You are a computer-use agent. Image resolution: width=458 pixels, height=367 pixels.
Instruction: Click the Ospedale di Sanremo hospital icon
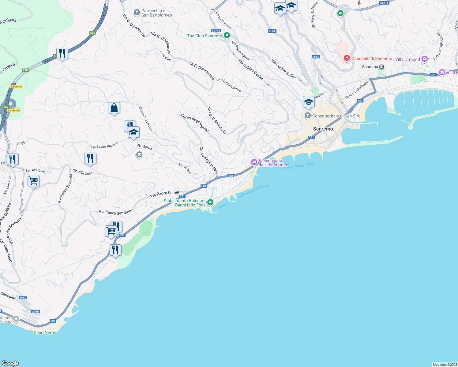click(347, 58)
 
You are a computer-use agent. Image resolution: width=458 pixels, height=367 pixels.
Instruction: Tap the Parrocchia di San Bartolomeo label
click(156, 13)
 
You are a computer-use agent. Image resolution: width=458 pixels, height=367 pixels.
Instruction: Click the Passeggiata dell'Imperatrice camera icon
click(254, 162)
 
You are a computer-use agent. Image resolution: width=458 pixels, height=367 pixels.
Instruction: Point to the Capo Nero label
click(44, 333)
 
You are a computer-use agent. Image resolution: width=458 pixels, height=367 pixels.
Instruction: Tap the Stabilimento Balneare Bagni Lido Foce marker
click(210, 202)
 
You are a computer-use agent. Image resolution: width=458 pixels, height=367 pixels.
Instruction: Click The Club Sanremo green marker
click(227, 36)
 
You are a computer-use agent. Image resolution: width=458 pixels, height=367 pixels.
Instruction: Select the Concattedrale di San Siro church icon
click(307, 116)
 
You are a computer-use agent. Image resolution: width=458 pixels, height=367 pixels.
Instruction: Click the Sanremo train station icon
click(381, 67)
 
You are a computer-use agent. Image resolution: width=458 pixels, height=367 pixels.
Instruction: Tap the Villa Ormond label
click(407, 59)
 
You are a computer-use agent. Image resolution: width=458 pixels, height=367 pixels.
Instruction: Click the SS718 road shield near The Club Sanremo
click(216, 31)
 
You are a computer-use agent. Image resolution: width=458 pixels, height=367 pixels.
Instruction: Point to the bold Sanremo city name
click(323, 129)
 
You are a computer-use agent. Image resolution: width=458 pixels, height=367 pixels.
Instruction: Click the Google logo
click(10, 363)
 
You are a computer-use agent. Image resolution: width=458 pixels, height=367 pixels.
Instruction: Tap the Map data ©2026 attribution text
click(445, 365)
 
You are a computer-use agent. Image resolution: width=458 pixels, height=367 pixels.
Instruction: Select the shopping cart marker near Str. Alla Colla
click(33, 181)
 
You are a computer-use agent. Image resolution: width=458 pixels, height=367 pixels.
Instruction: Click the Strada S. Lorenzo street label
click(146, 118)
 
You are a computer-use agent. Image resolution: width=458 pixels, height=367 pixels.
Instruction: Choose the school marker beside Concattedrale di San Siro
click(309, 102)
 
